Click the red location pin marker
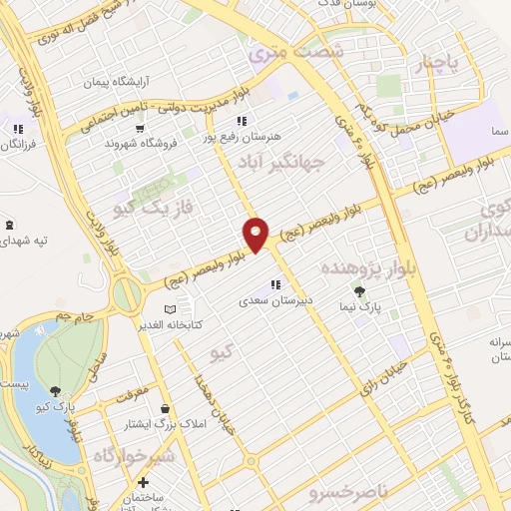pos(256,235)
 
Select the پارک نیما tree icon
pos(359,291)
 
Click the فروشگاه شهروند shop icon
pos(141,128)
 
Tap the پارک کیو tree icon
pos(52,389)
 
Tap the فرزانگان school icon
pos(17,128)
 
